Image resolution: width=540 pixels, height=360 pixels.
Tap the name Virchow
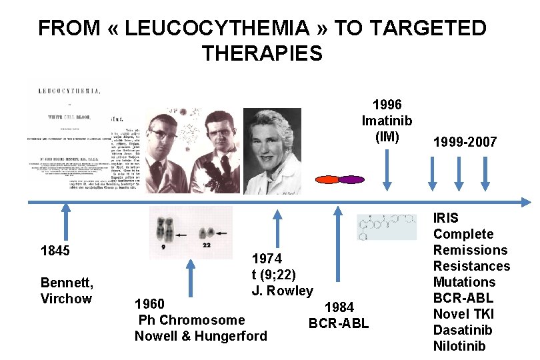[x=66, y=299]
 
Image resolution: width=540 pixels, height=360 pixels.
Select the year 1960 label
[x=151, y=305]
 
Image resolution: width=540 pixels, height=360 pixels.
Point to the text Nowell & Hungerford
[x=200, y=336]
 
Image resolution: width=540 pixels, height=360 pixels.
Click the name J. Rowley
[x=282, y=291]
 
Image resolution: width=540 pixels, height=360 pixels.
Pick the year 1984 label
[x=339, y=307]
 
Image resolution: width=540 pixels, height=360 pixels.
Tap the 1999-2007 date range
[x=465, y=142]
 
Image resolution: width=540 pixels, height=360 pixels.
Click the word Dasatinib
[x=462, y=330]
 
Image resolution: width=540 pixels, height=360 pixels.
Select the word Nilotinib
[x=459, y=346]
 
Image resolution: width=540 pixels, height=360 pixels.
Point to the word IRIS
[x=446, y=218]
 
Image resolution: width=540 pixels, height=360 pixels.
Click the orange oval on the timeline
[x=327, y=179]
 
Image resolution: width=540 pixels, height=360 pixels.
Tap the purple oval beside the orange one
[x=351, y=179]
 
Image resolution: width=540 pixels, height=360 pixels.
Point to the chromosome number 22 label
[x=207, y=245]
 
